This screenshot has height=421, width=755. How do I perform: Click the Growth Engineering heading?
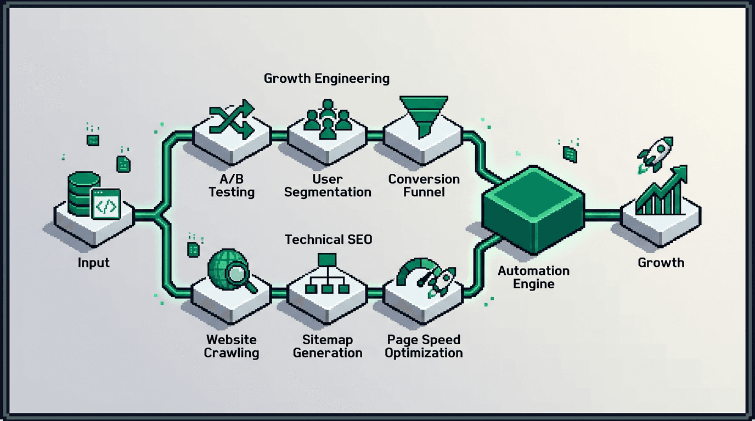coord(326,78)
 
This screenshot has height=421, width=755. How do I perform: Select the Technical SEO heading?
coord(328,240)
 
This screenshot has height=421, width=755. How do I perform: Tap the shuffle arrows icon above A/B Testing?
coord(232,119)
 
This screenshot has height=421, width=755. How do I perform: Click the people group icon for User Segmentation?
coord(327,116)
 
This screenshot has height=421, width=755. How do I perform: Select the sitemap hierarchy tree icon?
coord(327,275)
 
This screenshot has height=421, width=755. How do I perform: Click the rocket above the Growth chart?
coord(657,152)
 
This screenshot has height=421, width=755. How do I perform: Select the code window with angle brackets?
coord(106,204)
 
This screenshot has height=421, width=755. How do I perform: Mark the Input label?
coord(93,263)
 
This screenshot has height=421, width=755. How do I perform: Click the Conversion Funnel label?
coord(424,185)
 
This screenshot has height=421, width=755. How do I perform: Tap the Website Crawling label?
coord(231,346)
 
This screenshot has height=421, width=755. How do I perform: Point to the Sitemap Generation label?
coord(327,346)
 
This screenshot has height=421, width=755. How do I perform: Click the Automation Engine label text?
coord(533,277)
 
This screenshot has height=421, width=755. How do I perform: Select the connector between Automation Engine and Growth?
coord(602,214)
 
